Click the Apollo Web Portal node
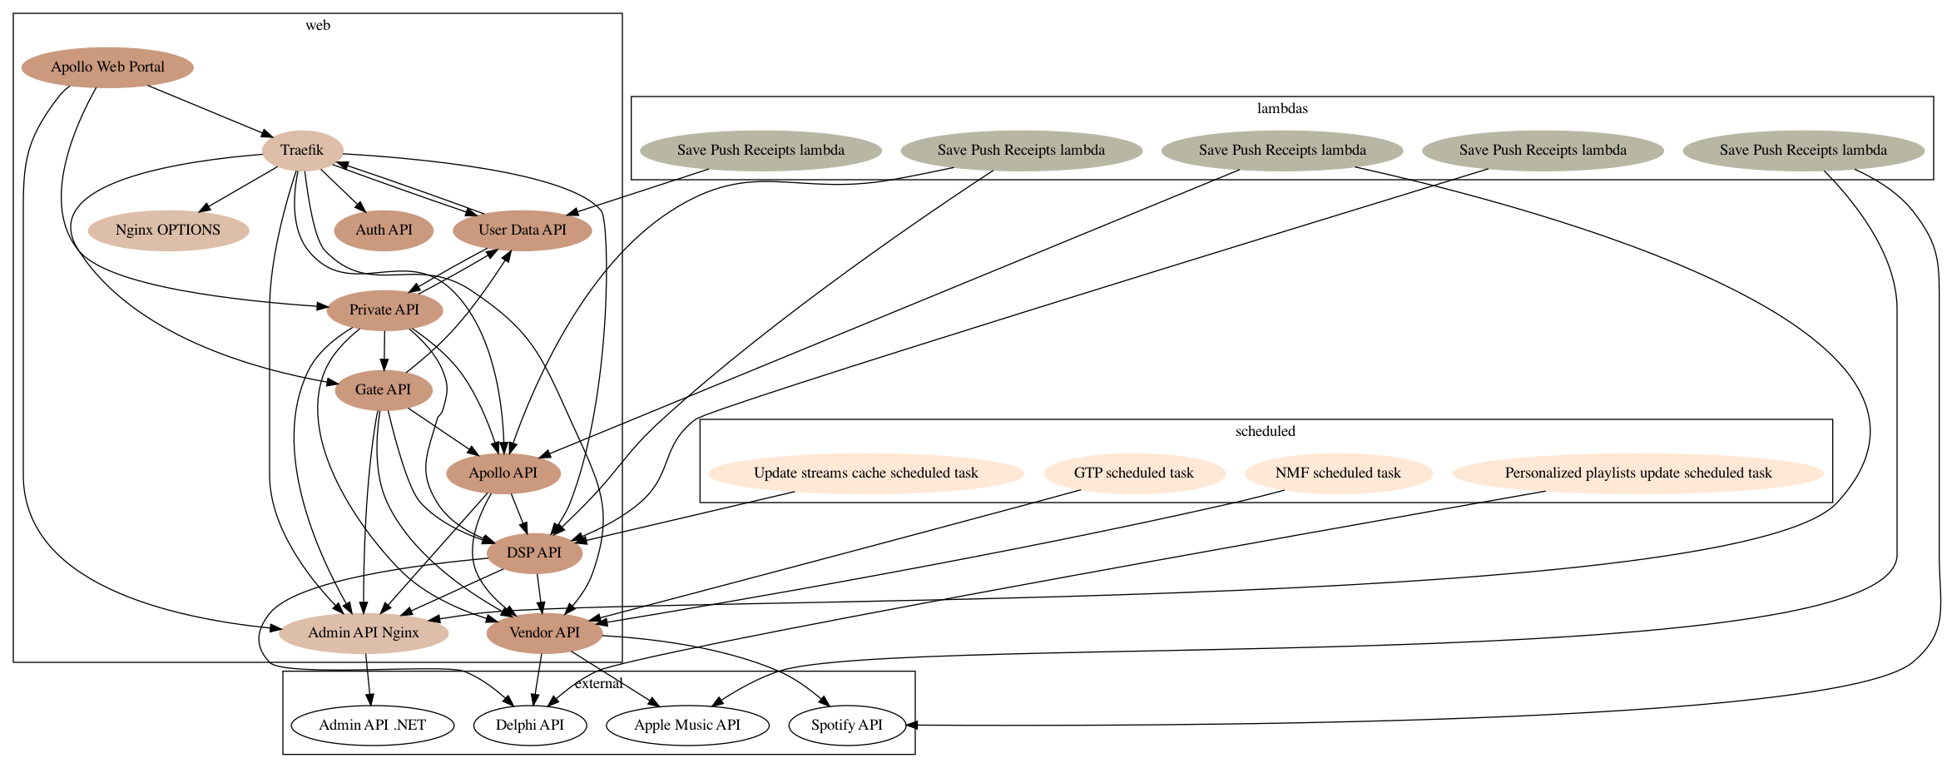[107, 67]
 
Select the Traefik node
[302, 151]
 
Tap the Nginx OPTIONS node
[168, 230]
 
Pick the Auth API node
[384, 230]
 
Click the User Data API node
[523, 230]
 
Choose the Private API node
[384, 310]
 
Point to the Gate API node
[384, 390]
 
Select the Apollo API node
[503, 473]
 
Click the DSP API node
[534, 553]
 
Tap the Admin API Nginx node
[364, 633]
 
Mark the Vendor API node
[544, 633]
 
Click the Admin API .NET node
[373, 726]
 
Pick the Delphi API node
[530, 726]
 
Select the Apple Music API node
[687, 726]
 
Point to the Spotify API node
[847, 726]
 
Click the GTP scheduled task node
[1134, 473]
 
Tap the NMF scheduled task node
[1338, 473]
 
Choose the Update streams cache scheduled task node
[866, 473]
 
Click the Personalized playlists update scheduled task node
[1638, 473]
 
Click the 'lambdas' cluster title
[1282, 109]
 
